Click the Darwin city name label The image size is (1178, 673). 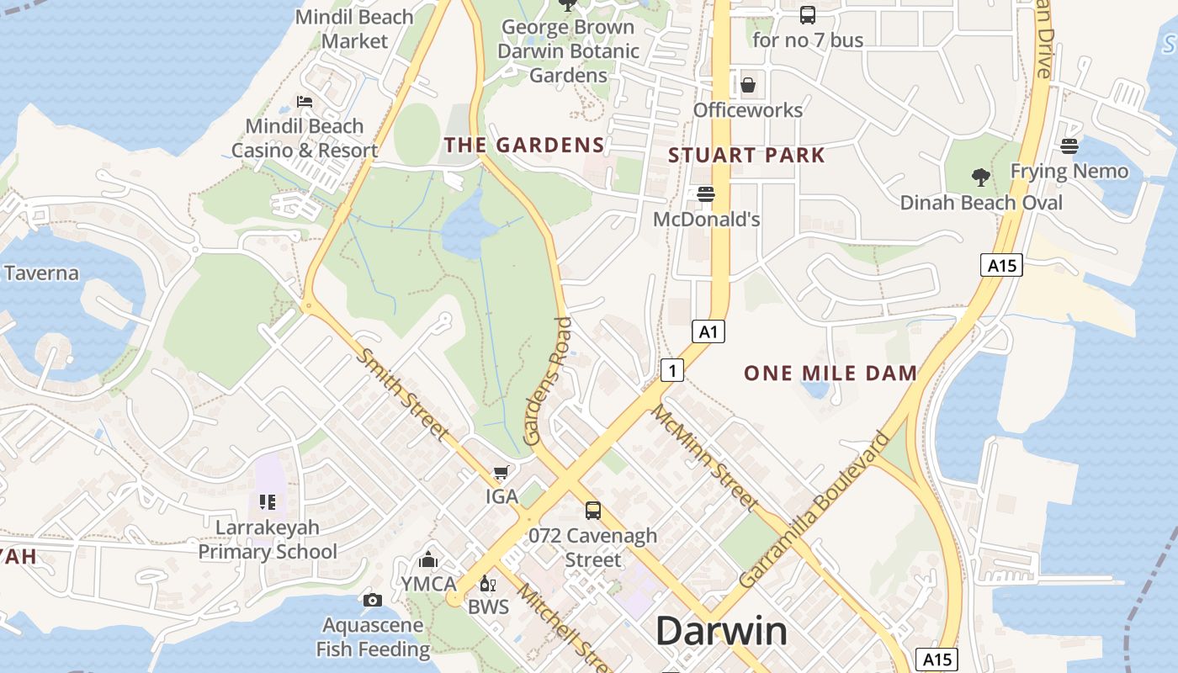tap(721, 631)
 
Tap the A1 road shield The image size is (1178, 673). tap(708, 331)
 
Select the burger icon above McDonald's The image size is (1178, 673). tap(706, 194)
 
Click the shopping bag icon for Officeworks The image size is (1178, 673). tap(747, 85)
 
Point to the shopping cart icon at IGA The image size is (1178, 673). tap(501, 473)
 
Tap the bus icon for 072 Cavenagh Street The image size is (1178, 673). tap(593, 510)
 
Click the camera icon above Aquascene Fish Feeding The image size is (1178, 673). tap(372, 600)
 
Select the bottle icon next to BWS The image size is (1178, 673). tap(486, 583)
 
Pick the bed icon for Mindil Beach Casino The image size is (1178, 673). tap(305, 102)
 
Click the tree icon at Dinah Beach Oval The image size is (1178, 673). tap(980, 177)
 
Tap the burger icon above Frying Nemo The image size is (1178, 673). tap(1069, 146)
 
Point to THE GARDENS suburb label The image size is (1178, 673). tap(524, 145)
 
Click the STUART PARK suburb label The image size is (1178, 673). tap(746, 155)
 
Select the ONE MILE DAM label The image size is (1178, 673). tap(830, 373)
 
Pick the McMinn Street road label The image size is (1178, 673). tap(705, 458)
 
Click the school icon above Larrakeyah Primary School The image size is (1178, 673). tap(268, 502)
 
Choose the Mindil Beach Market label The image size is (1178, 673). tap(354, 29)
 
